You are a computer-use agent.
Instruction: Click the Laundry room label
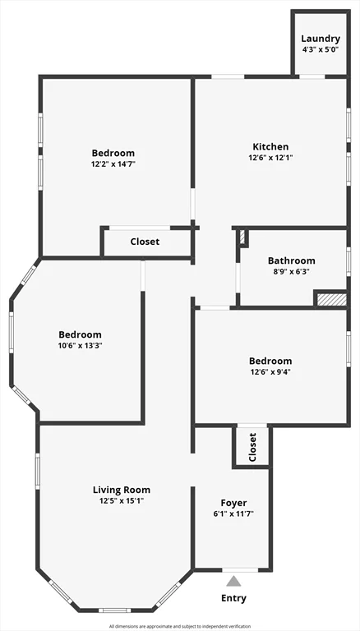coord(321,39)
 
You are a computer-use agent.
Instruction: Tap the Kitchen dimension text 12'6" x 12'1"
coord(270,158)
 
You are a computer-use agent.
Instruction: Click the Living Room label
coord(122,490)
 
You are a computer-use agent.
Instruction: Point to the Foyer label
coord(234,503)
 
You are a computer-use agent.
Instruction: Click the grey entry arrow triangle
coord(234,581)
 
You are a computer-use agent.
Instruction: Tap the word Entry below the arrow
coord(234,598)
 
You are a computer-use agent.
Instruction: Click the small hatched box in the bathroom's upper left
coord(242,237)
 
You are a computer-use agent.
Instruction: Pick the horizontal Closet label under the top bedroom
coord(145,242)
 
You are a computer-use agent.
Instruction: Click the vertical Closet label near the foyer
coord(252,447)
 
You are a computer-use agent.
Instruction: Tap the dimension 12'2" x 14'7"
coord(113,164)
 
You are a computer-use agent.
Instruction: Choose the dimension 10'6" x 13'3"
coord(81,346)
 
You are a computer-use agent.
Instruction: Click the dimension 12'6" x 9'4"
coord(270,372)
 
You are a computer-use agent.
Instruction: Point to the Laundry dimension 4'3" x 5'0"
coord(321,50)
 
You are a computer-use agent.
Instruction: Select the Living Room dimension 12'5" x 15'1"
coord(122,501)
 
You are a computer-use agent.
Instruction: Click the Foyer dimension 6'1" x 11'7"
coord(234,514)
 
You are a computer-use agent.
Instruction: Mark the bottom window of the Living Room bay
coord(113,610)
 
